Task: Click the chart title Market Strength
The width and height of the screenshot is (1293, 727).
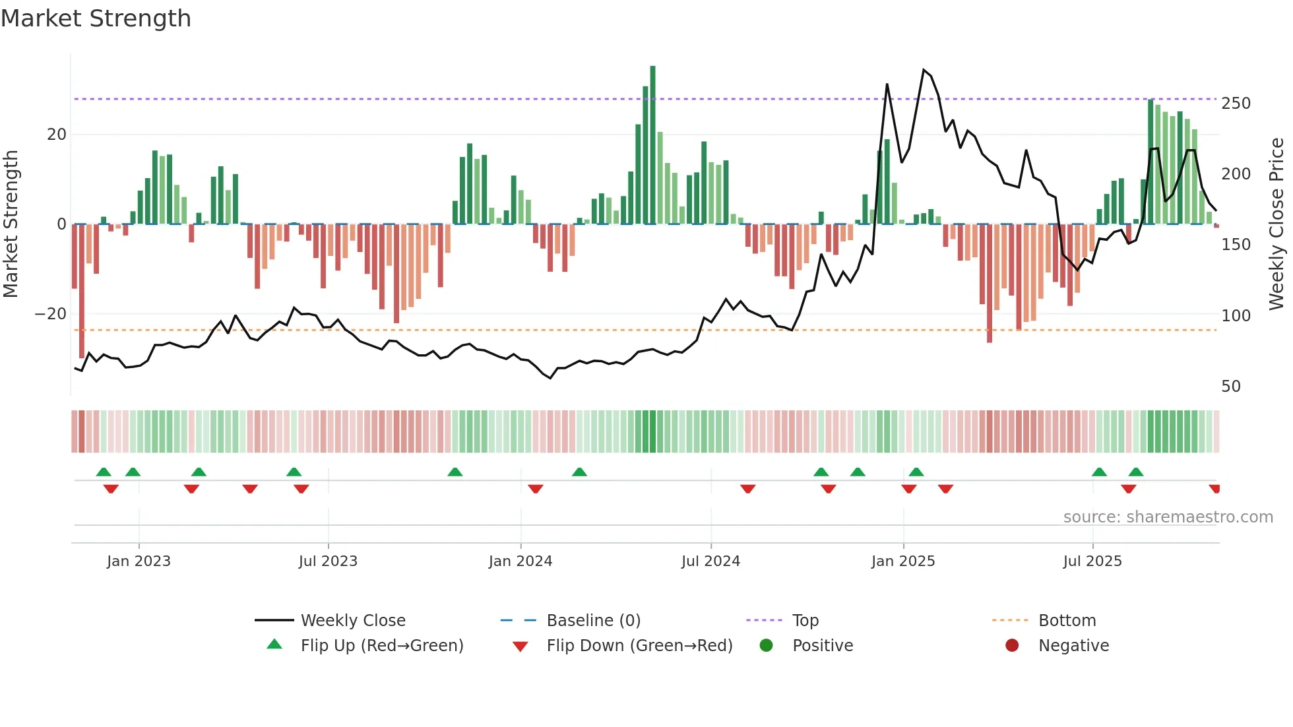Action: pos(96,18)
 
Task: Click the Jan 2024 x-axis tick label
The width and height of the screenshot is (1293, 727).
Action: pos(520,561)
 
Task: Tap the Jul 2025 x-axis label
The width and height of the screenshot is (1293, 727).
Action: pos(1092,561)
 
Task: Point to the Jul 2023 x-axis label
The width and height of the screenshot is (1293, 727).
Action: pos(327,561)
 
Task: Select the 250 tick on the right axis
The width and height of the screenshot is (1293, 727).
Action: pos(1235,104)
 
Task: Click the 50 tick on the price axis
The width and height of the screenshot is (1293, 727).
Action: pos(1230,387)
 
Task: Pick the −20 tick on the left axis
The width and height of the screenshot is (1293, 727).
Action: pos(51,314)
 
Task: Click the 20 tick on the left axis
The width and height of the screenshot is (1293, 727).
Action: pos(56,135)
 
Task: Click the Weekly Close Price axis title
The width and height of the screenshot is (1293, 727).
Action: pos(1277,224)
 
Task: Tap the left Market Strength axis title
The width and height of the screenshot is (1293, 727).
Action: pos(11,224)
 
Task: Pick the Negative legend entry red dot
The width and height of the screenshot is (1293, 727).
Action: pos(1011,646)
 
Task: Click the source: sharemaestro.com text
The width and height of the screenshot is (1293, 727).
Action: pos(1168,517)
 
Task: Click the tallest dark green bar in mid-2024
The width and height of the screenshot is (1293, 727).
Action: pos(652,145)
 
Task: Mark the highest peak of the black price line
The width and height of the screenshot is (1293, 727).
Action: pos(924,70)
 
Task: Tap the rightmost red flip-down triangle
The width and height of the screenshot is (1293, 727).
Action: pos(1214,489)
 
